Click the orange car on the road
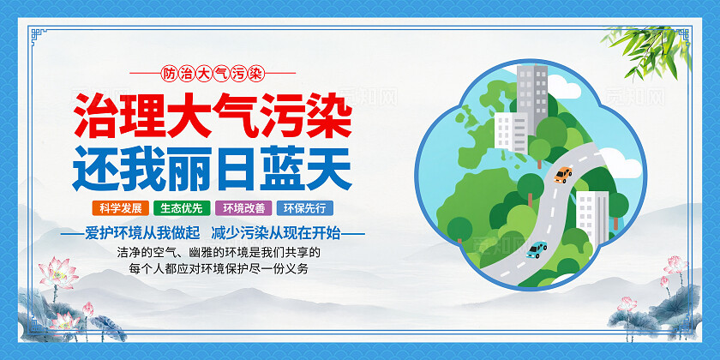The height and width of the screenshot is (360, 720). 563,175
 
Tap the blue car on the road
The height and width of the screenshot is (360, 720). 537,249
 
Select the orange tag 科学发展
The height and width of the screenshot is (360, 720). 120,207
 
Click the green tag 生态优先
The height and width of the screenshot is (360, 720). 179,207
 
